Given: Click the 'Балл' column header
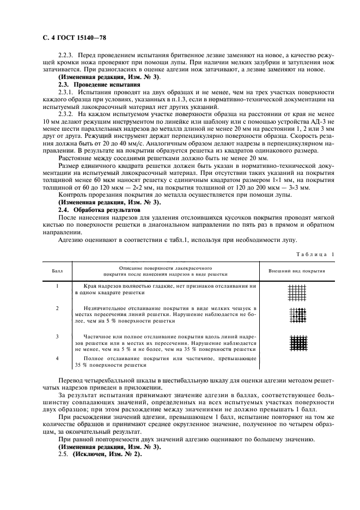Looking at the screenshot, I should tap(57, 270).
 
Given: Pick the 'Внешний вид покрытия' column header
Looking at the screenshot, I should tap(297, 270).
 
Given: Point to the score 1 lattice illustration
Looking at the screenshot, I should tap(297, 293).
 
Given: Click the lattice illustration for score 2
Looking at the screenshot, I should tap(297, 315).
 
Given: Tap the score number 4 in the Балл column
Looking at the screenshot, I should tap(57, 358).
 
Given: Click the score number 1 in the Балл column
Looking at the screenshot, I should tap(57, 286).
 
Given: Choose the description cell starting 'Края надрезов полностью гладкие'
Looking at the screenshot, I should tap(166, 289).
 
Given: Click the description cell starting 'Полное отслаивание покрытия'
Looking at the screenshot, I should tap(166, 361).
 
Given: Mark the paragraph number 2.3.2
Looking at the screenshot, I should tap(67, 114).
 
